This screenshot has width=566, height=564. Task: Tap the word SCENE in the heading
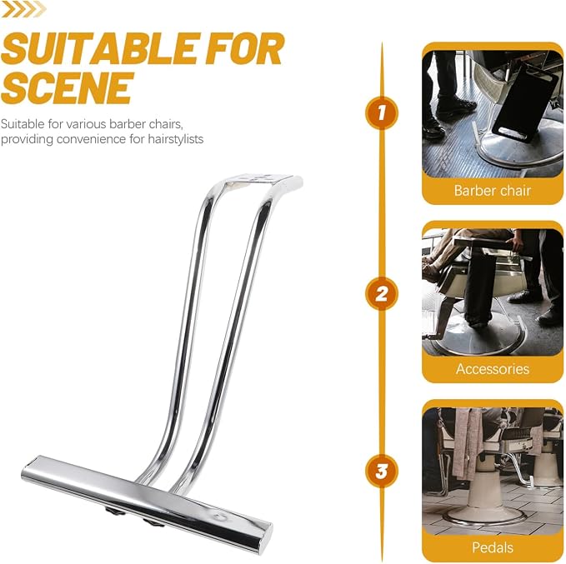pos(67,87)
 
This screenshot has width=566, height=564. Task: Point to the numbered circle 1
pos(382,112)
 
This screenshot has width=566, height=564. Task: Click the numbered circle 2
pos(382,293)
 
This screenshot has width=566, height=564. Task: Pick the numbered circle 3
pos(382,471)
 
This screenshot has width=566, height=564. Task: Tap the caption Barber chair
pos(493,191)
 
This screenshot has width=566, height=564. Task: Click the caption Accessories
pos(493,369)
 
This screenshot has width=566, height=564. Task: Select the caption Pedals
pos(493,547)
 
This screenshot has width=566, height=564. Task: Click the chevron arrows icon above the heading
pos(23,10)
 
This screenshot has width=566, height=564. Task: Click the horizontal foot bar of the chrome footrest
pos(144,499)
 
